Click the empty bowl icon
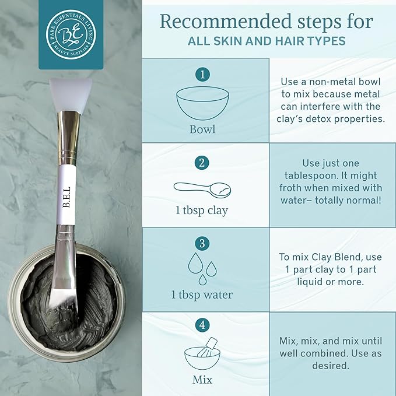coord(202,104)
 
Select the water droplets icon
coord(202,267)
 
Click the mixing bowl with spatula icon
coord(202,352)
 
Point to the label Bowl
coord(202,128)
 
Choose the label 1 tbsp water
coord(202,295)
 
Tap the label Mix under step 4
coord(202,380)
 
